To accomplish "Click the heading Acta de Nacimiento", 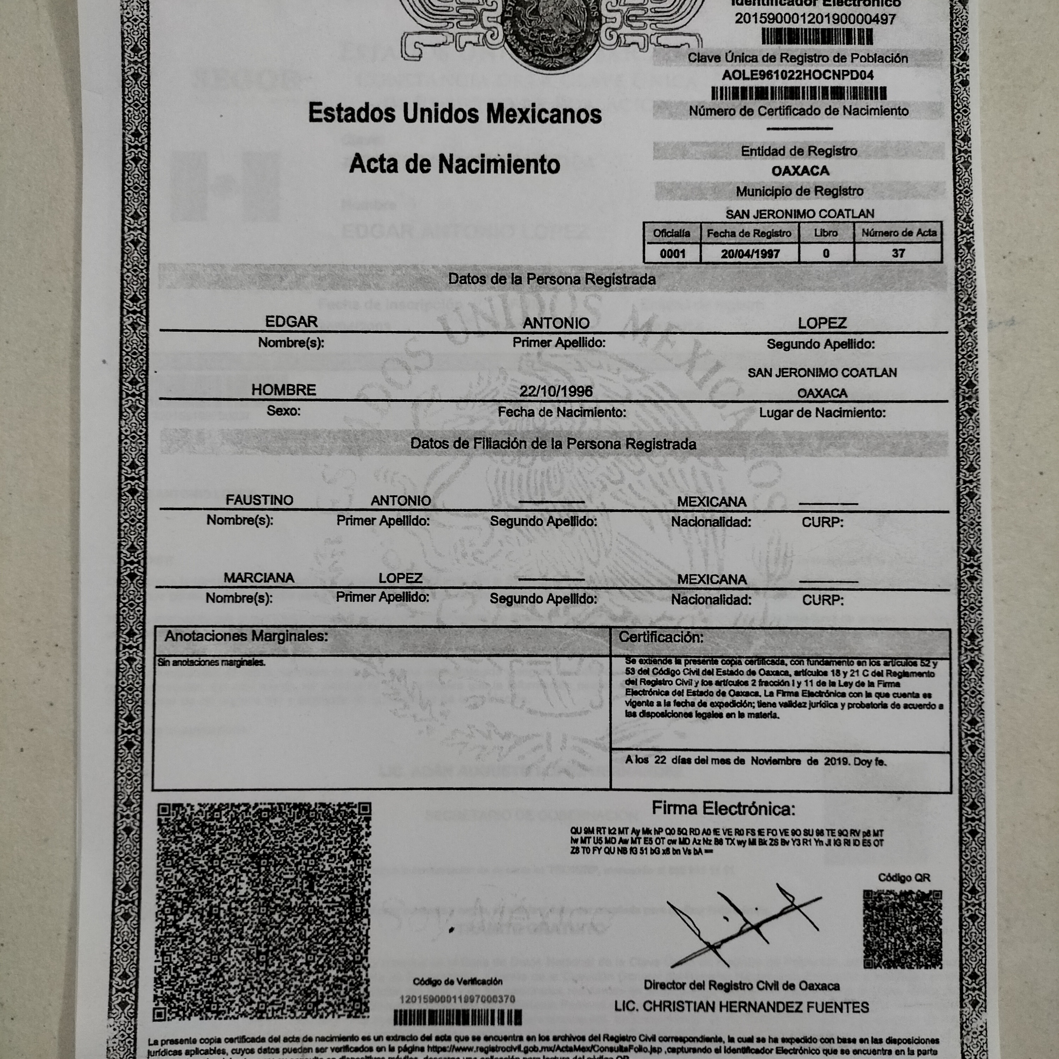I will [454, 164].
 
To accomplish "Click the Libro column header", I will [826, 233].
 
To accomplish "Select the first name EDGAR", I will [291, 322].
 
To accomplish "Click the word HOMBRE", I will [283, 390].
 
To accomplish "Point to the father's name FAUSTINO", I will [259, 500].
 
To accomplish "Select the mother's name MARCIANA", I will [259, 578].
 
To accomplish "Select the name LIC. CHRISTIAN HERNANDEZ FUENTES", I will [741, 1007].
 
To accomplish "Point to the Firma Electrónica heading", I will [723, 808].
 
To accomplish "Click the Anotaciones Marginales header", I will [246, 636].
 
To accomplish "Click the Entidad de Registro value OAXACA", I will [800, 171].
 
